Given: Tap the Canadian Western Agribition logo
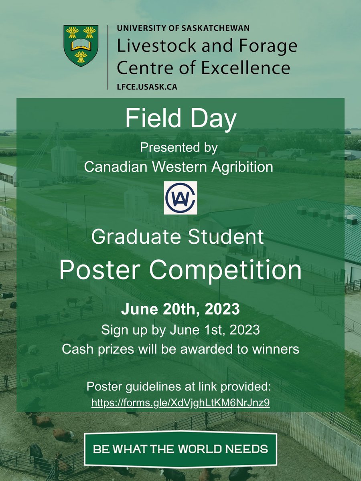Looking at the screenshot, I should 180,198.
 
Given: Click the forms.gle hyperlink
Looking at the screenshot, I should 180,402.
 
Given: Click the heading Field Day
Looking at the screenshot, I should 180,119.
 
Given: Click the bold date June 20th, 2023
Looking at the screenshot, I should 180,310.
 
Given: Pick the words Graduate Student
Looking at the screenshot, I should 178,237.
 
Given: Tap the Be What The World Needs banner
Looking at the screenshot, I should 180,448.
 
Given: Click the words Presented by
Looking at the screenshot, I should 178,148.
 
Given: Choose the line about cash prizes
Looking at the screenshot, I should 180,349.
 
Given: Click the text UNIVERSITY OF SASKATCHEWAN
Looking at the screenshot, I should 183,28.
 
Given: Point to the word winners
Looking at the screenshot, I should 272,349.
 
